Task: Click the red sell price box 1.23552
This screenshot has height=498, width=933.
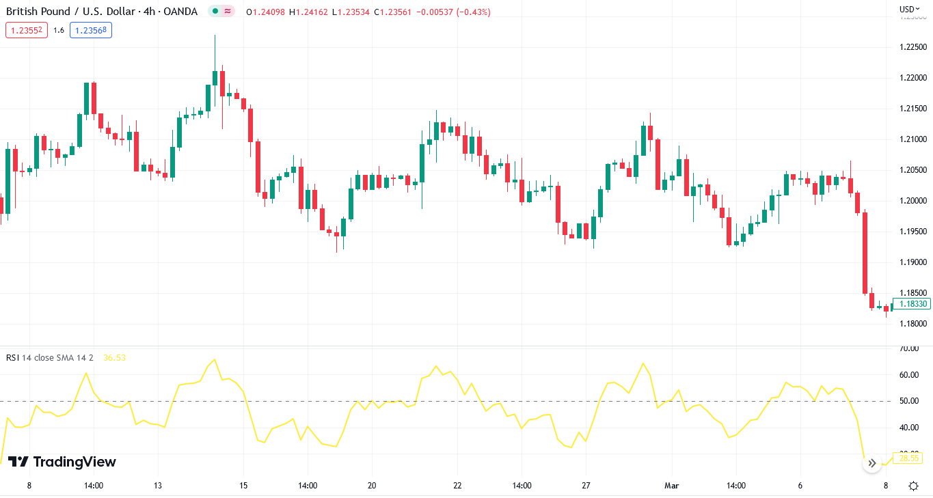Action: [x=27, y=30]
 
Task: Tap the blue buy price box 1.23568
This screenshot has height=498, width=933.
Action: [x=92, y=30]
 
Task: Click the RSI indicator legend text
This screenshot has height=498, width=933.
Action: [x=49, y=357]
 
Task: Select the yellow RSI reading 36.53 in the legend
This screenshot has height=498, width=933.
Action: [x=114, y=357]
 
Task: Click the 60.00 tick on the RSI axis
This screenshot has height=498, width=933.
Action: [x=909, y=375]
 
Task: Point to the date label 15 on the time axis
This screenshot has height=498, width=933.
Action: [x=243, y=486]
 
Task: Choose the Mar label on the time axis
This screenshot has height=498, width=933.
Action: [x=671, y=486]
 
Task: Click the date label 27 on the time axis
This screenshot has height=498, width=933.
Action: [x=586, y=486]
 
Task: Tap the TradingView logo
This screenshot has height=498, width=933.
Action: [x=62, y=462]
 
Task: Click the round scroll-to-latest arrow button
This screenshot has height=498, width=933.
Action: [x=871, y=463]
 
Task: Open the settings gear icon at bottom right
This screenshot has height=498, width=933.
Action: [x=914, y=486]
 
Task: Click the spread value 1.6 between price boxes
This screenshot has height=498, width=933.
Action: [x=59, y=30]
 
